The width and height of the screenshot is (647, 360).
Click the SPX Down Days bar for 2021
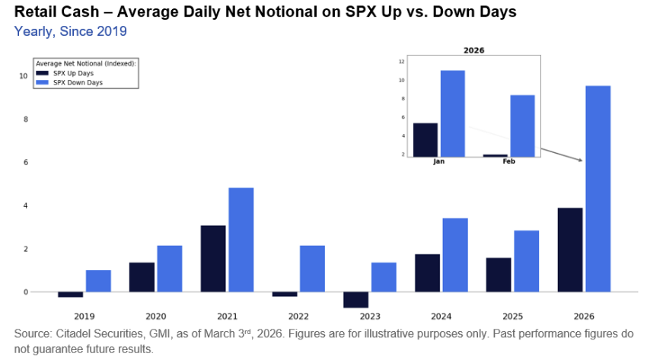pyautogui.click(x=241, y=239)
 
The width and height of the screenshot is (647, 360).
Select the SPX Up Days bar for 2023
pyautogui.click(x=355, y=299)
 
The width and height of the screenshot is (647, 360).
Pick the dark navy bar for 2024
pyautogui.click(x=427, y=272)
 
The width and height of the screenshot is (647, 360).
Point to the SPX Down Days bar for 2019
pyautogui.click(x=98, y=281)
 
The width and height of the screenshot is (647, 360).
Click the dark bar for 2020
pyautogui.click(x=142, y=277)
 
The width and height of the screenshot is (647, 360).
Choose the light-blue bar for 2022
pyautogui.click(x=312, y=269)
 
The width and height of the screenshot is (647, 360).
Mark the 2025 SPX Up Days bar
pyautogui.click(x=499, y=275)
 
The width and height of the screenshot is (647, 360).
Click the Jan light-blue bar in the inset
pyautogui.click(x=452, y=113)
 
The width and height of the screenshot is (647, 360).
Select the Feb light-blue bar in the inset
pyautogui.click(x=522, y=126)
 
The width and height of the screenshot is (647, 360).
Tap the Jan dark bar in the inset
pyautogui.click(x=425, y=139)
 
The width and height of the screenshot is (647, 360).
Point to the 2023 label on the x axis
pyautogui.click(x=369, y=315)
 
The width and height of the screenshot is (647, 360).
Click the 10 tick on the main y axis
pyautogui.click(x=24, y=76)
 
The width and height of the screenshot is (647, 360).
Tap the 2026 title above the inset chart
pyautogui.click(x=473, y=50)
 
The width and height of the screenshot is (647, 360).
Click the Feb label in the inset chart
pyautogui.click(x=508, y=162)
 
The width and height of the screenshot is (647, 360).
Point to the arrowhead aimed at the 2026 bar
pyautogui.click(x=580, y=160)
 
